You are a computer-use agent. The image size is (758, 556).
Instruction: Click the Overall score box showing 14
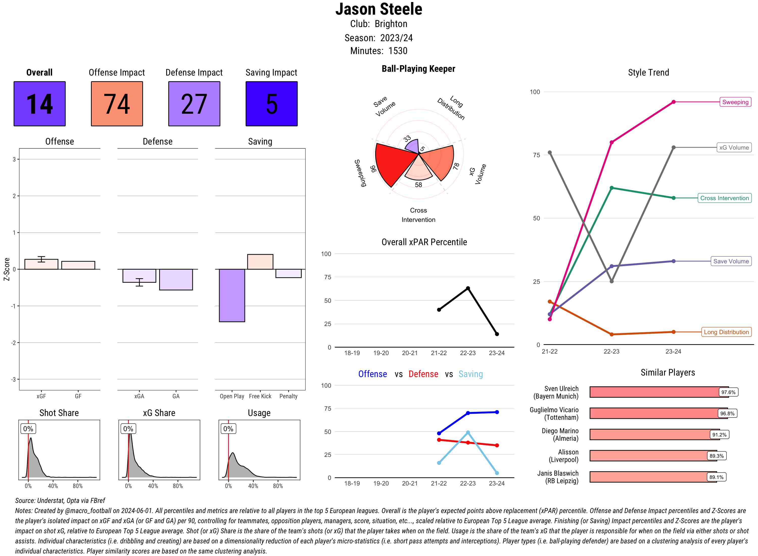pyautogui.click(x=39, y=104)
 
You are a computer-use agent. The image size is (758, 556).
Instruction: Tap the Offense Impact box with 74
pyautogui.click(x=117, y=104)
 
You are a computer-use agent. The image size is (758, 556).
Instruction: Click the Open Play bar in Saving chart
pyautogui.click(x=232, y=295)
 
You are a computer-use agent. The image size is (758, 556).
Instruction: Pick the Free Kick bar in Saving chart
pyautogui.click(x=260, y=262)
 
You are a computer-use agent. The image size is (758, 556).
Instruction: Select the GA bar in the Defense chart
pyautogui.click(x=176, y=279)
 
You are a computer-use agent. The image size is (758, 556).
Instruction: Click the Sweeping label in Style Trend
pyautogui.click(x=735, y=102)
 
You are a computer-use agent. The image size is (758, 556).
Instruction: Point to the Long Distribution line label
pyautogui.click(x=726, y=332)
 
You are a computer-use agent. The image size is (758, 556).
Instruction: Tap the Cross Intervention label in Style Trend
pyautogui.click(x=724, y=198)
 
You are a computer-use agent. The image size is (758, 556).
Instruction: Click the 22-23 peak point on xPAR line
pyautogui.click(x=468, y=288)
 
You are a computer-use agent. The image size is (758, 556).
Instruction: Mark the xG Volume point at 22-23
pyautogui.click(x=611, y=281)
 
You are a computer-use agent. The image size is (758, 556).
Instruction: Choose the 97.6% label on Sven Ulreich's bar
pyautogui.click(x=728, y=392)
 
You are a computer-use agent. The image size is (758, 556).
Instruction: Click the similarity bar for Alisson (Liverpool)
pyautogui.click(x=653, y=456)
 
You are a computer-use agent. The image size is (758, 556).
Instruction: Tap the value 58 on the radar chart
pyautogui.click(x=418, y=185)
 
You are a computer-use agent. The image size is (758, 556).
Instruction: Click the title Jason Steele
pyautogui.click(x=378, y=9)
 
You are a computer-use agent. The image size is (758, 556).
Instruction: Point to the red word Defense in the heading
pyautogui.click(x=423, y=374)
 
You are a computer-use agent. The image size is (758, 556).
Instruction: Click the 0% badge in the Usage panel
pyautogui.click(x=228, y=428)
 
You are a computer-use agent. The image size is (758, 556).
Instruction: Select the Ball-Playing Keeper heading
pyautogui.click(x=418, y=69)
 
